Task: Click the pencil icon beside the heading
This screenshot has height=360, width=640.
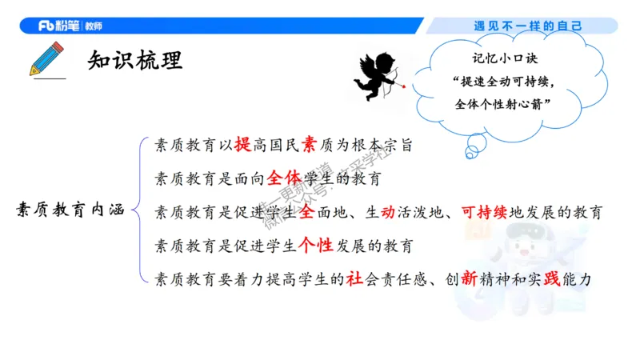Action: [46, 58]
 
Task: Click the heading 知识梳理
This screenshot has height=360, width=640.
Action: [135, 60]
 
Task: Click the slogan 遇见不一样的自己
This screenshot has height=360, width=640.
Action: [528, 26]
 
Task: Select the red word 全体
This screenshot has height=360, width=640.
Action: [285, 177]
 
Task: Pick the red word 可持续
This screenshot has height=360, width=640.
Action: [486, 212]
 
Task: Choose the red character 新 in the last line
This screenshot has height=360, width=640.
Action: [469, 279]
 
